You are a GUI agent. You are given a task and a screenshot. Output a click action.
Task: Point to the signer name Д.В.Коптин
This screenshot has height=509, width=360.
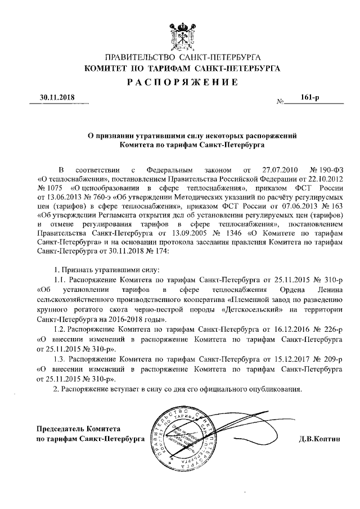point(319,438)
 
